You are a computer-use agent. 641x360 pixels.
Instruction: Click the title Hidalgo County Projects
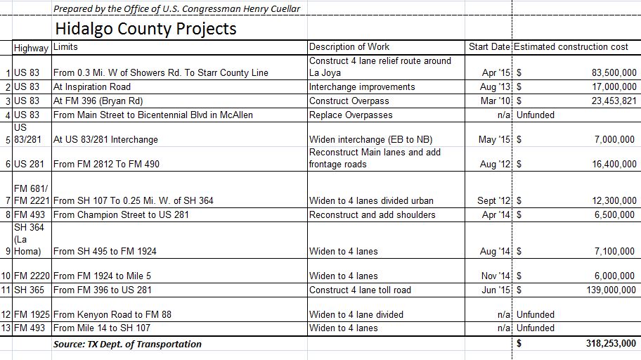pyautogui.click(x=145, y=29)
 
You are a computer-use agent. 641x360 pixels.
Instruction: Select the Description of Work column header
pyautogui.click(x=349, y=47)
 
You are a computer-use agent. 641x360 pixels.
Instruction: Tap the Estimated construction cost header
pyautogui.click(x=571, y=47)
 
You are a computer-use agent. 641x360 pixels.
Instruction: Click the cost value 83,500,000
pyautogui.click(x=609, y=73)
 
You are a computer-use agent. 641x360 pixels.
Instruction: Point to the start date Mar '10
pyautogui.click(x=494, y=101)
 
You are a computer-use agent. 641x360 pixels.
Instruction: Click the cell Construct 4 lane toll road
pyautogui.click(x=361, y=290)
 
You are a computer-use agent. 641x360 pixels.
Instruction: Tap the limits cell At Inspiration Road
pyautogui.click(x=92, y=87)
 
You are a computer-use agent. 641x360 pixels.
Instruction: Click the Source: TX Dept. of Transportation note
pyautogui.click(x=127, y=345)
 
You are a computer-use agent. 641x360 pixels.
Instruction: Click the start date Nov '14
pyautogui.click(x=495, y=276)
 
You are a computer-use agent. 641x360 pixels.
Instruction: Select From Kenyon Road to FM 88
pyautogui.click(x=112, y=315)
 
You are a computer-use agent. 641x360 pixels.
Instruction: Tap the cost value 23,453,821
pyautogui.click(x=609, y=101)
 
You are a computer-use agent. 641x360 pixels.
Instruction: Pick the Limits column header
pyautogui.click(x=65, y=47)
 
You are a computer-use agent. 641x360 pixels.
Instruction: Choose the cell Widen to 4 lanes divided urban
pyautogui.click(x=372, y=201)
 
